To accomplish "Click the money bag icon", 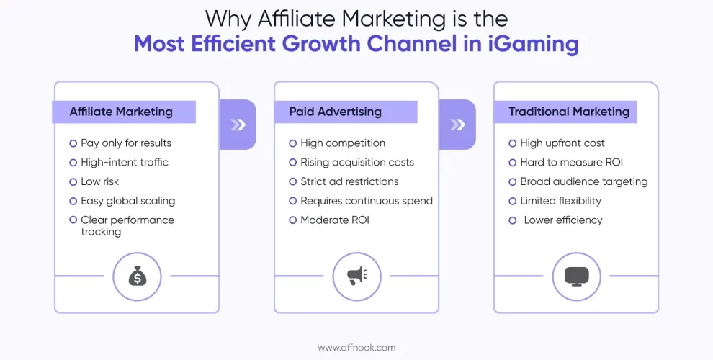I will click(137, 275).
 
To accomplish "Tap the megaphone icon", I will click(356, 275).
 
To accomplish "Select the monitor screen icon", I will click(576, 275).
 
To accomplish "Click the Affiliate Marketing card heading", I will click(121, 112).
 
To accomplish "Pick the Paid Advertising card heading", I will click(335, 112).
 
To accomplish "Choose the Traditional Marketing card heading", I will click(569, 112).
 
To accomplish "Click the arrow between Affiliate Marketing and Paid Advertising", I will click(238, 125).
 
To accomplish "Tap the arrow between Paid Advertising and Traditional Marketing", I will click(458, 125).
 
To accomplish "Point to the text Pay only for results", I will click(126, 143).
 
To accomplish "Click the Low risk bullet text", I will click(100, 181).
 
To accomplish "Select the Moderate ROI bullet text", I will click(335, 220).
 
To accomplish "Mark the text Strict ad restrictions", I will click(349, 181).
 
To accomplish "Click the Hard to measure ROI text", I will click(572, 163).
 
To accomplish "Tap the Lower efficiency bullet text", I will click(563, 220).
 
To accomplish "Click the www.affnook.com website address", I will click(356, 348).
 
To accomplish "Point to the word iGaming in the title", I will click(534, 44).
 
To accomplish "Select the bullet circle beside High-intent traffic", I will click(73, 163).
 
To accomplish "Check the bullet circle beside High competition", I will click(293, 143).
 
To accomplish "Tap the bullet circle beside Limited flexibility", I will click(513, 201).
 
